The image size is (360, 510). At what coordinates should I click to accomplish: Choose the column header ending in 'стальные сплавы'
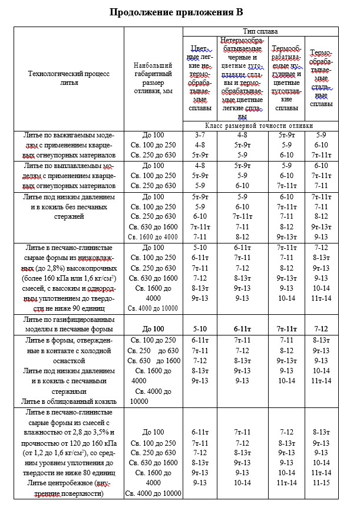pos(321,77)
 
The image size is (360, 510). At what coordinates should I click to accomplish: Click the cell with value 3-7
pos(200,135)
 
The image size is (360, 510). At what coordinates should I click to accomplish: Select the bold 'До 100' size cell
pos(153,328)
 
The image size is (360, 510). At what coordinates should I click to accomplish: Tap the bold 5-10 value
pos(200,328)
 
